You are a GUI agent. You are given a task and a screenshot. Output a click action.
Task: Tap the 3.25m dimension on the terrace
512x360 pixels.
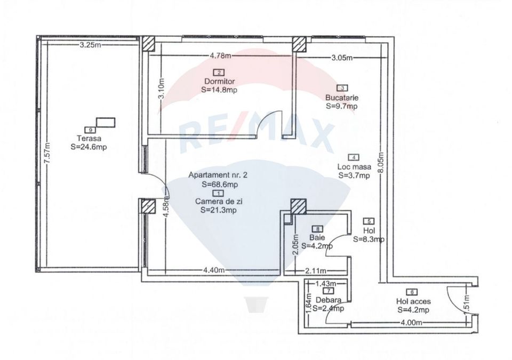(x=90, y=45)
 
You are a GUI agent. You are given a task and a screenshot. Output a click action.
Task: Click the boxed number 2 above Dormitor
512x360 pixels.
(x=219, y=73)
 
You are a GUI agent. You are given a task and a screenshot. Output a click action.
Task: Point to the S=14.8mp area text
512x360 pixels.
(x=219, y=90)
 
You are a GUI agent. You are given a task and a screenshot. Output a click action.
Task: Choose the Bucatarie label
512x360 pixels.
(x=342, y=98)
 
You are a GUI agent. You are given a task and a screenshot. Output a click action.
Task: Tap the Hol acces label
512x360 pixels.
(x=413, y=301)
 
